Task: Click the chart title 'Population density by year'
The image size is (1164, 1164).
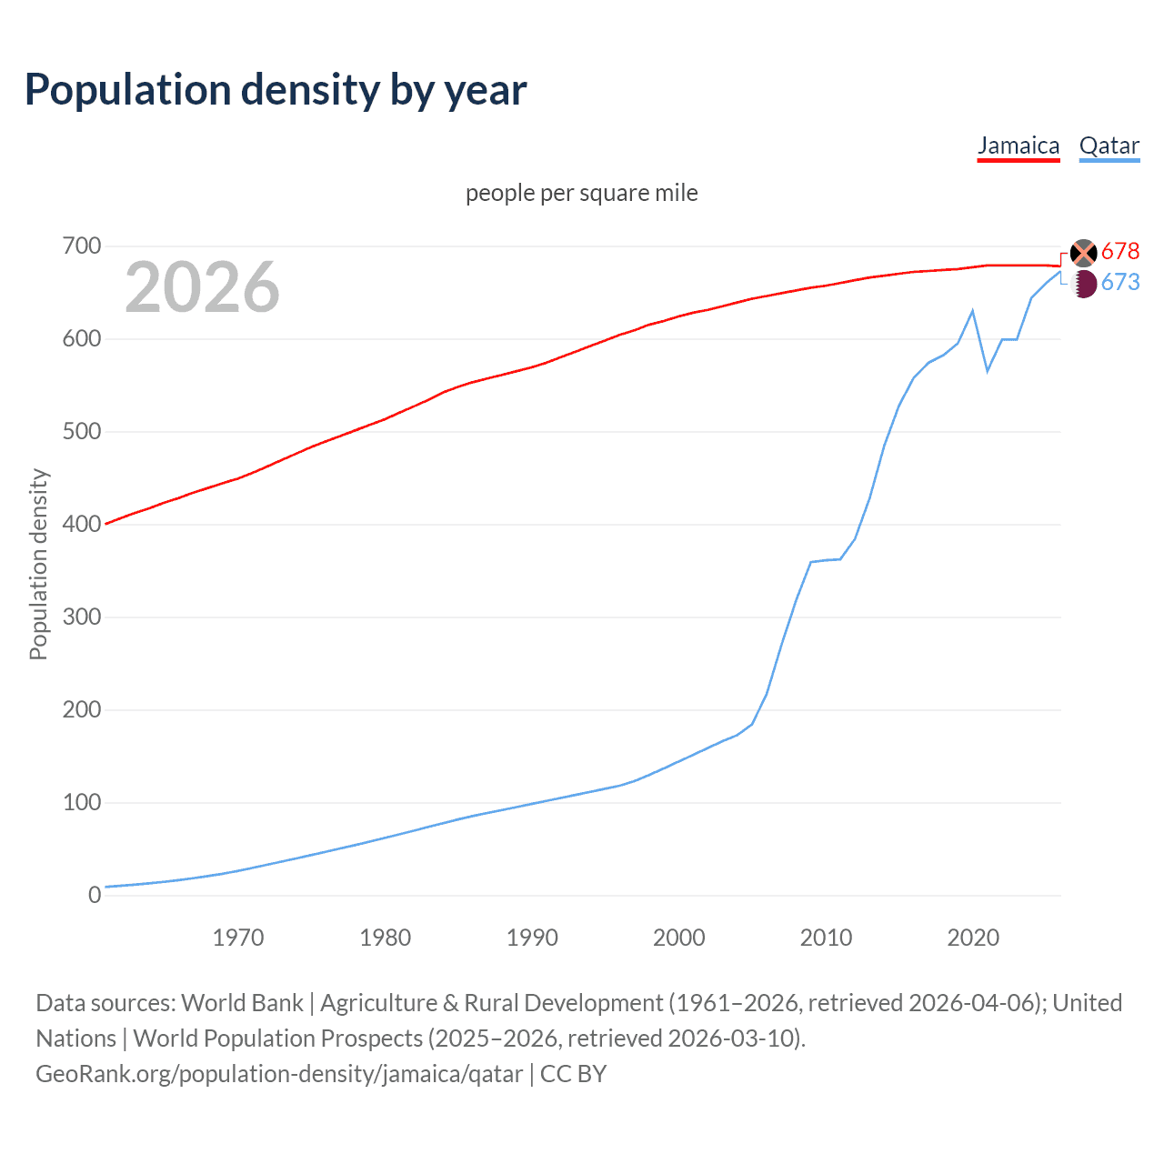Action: tap(276, 90)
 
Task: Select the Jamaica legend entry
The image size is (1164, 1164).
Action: tap(1018, 145)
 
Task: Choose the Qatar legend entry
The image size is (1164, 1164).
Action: tap(1109, 145)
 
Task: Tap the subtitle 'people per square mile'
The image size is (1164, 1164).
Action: tap(581, 193)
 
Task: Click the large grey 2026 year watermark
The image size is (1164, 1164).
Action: tap(202, 287)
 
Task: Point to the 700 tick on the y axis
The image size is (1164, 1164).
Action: tap(82, 246)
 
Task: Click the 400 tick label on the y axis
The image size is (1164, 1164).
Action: tap(82, 525)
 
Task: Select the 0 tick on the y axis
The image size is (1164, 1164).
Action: tap(95, 895)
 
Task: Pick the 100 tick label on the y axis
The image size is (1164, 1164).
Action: tap(82, 802)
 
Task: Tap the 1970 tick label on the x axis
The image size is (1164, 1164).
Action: tap(238, 938)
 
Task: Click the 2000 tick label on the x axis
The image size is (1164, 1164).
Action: tap(678, 938)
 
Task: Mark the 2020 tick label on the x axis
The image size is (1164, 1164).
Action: tap(973, 938)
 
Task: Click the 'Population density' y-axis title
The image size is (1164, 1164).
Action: tap(38, 564)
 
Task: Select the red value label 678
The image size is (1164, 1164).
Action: tap(1120, 251)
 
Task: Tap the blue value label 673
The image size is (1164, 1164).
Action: tap(1120, 283)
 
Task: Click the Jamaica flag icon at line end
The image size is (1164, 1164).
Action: tap(1084, 253)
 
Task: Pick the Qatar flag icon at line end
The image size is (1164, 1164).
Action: tap(1084, 284)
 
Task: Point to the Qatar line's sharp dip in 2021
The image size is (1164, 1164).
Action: tap(988, 371)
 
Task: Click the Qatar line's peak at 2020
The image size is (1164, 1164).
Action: tap(973, 311)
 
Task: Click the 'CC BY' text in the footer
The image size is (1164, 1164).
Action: tap(573, 1074)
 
